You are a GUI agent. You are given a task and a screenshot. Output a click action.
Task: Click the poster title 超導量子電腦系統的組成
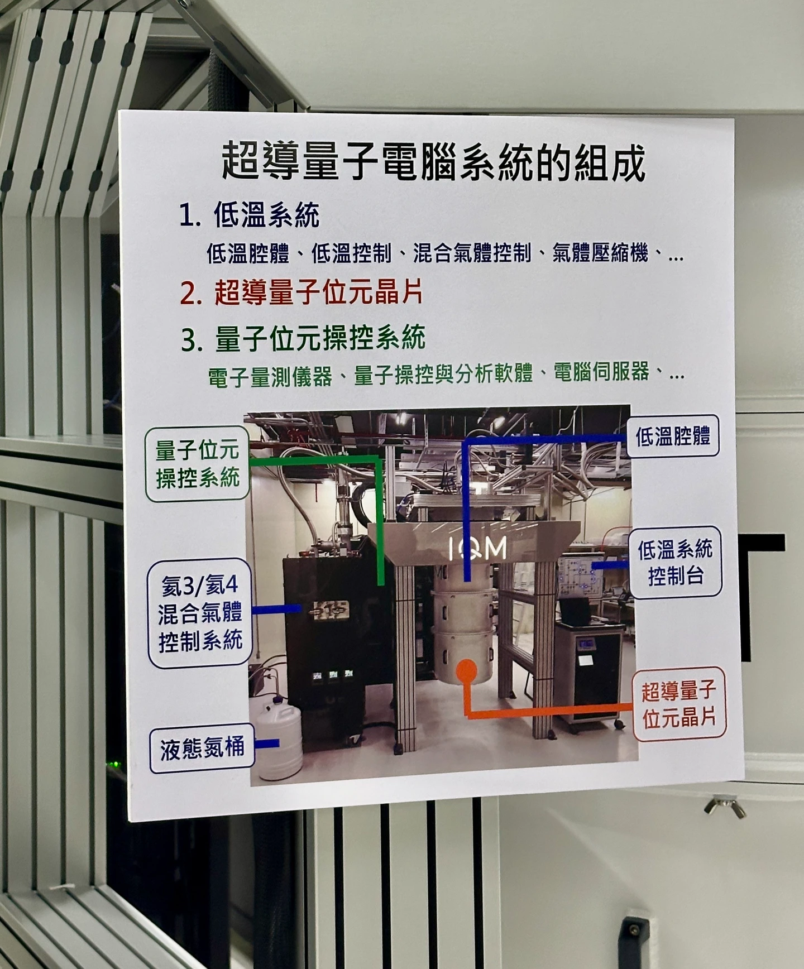click(x=433, y=162)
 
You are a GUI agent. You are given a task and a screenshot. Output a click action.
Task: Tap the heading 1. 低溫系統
click(x=250, y=215)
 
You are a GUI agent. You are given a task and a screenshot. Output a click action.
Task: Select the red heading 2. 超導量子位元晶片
click(x=301, y=292)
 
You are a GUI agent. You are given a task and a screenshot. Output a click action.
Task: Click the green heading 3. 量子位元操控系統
click(x=303, y=338)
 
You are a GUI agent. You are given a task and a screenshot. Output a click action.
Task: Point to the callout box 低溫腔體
click(x=673, y=436)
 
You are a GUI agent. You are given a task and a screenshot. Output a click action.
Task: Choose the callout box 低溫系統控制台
click(x=676, y=562)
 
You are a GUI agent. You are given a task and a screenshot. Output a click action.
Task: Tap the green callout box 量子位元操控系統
click(x=197, y=464)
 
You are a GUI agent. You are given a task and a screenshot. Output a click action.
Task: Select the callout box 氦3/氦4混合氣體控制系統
click(x=200, y=613)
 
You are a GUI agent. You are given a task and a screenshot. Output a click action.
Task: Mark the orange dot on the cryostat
click(x=467, y=671)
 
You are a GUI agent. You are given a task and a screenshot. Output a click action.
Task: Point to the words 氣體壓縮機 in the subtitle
click(x=600, y=254)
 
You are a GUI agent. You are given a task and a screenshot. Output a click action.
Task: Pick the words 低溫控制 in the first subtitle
click(x=351, y=254)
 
